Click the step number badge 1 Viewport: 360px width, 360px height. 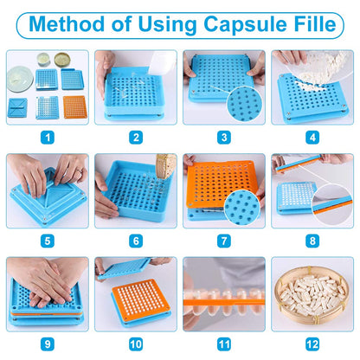tap(48, 136)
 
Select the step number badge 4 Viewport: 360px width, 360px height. tap(312, 136)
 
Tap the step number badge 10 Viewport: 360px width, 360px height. tap(136, 344)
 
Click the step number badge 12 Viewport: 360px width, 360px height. tap(312, 344)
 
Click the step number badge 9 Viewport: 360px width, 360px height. tap(48, 344)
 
